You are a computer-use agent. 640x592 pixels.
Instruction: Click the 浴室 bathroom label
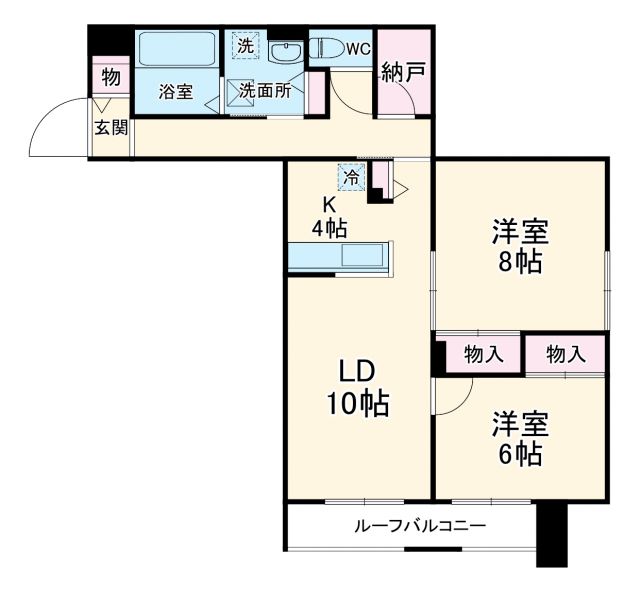tap(176, 92)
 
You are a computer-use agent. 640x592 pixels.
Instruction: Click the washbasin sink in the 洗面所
tap(286, 53)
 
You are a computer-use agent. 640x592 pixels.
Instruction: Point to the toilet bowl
tap(326, 46)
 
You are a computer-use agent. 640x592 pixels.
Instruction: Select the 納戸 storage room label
tap(402, 72)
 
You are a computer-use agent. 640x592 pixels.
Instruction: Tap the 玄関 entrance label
tap(110, 127)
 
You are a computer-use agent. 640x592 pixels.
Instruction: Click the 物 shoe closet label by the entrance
tap(110, 77)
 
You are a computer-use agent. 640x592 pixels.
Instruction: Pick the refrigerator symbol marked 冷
tap(352, 176)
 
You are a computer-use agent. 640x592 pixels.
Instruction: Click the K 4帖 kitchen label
tap(329, 214)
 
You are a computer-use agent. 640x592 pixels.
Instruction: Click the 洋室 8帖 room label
tap(518, 247)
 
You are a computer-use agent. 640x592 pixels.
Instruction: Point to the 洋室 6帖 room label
tap(518, 440)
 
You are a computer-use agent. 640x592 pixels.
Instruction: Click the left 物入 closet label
tap(482, 353)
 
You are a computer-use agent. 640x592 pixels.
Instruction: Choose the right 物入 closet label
tap(566, 353)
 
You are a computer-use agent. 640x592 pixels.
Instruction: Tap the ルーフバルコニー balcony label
tap(420, 525)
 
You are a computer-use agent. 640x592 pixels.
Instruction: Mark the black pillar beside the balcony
tap(551, 534)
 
